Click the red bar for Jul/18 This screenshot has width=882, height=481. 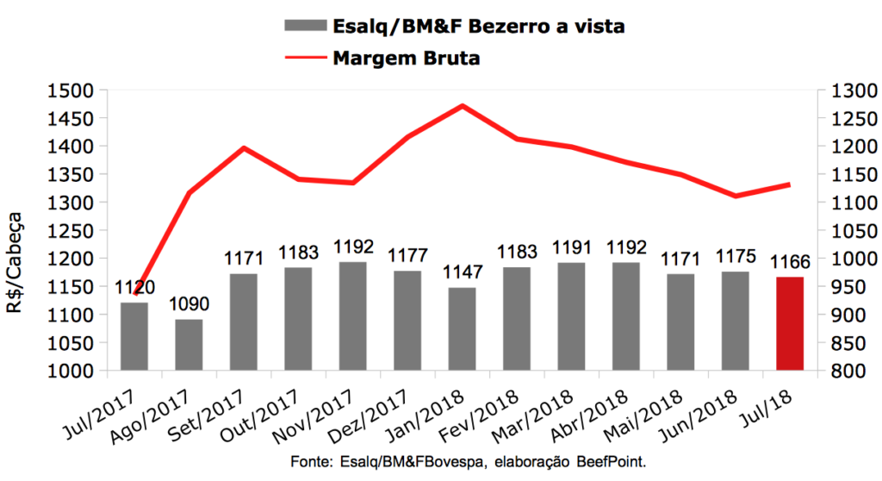789,324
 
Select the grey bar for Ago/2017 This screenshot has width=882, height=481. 189,345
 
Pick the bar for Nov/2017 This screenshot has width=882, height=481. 352,316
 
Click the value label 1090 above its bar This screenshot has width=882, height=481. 189,306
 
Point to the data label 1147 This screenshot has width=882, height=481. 462,273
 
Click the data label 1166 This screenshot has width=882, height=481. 789,263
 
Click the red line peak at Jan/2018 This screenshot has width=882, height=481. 463,106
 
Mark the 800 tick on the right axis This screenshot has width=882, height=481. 834,372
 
